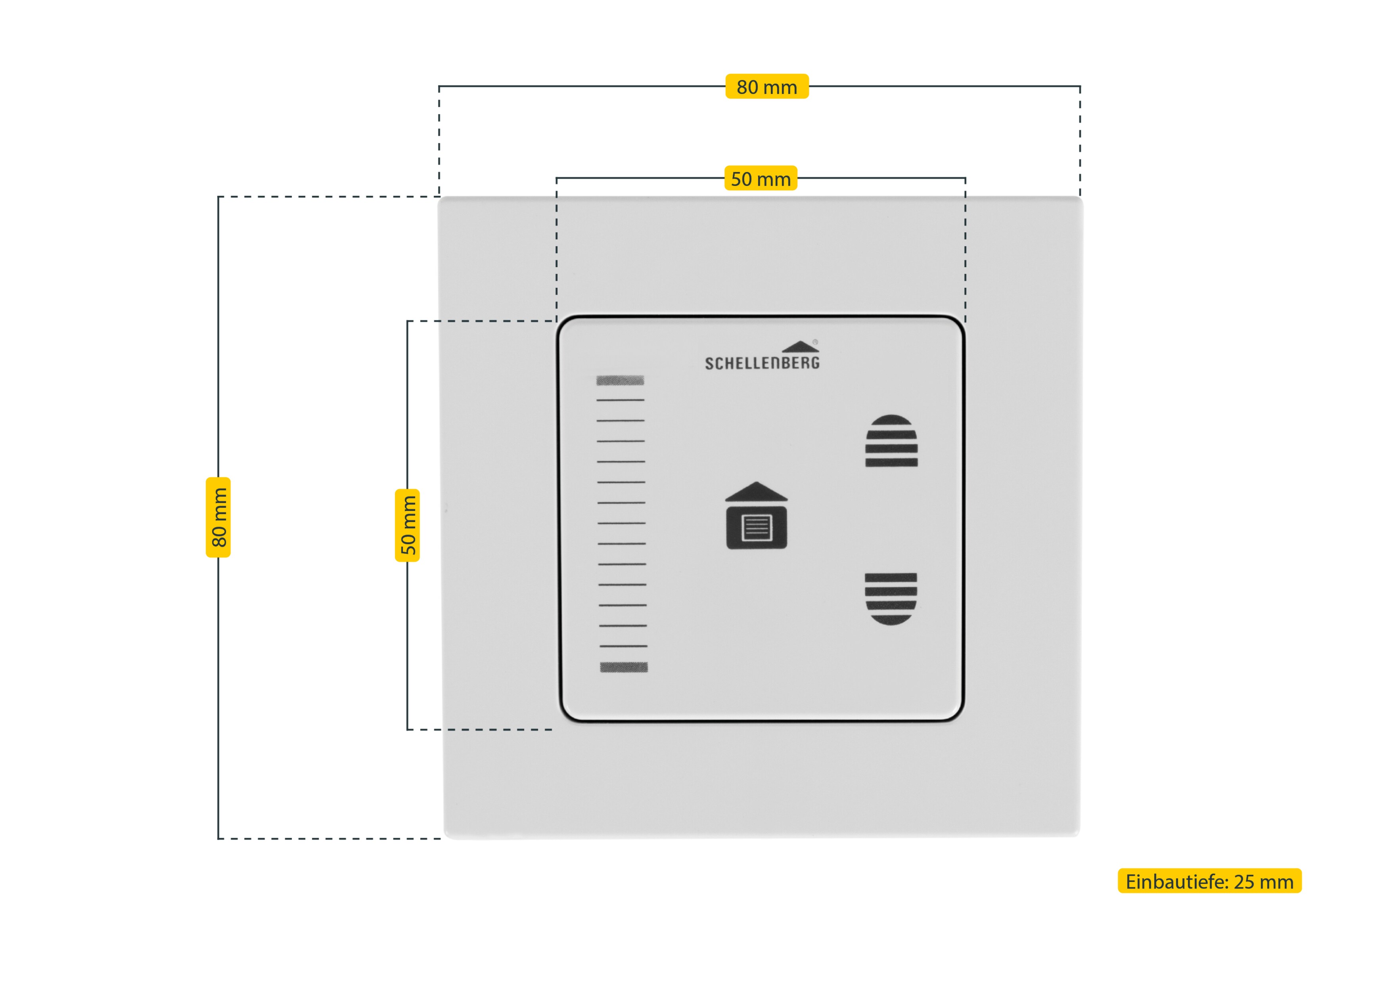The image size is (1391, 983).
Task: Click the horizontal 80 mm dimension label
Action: click(x=767, y=87)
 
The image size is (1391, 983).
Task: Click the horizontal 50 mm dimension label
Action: click(x=761, y=179)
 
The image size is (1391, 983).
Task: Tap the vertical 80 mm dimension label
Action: click(x=218, y=517)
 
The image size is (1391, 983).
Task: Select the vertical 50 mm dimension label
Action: click(x=407, y=525)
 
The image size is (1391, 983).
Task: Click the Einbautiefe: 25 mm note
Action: click(x=1210, y=881)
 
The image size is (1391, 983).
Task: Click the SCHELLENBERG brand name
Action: click(x=762, y=363)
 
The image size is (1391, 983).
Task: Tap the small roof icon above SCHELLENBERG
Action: click(x=800, y=346)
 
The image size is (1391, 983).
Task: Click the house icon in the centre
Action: click(x=757, y=515)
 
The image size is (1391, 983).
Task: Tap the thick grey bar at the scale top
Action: click(x=620, y=381)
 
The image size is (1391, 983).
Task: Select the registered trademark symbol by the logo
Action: click(x=816, y=342)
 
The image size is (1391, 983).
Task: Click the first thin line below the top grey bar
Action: click(x=621, y=400)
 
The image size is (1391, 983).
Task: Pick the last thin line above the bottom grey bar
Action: click(x=623, y=646)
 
